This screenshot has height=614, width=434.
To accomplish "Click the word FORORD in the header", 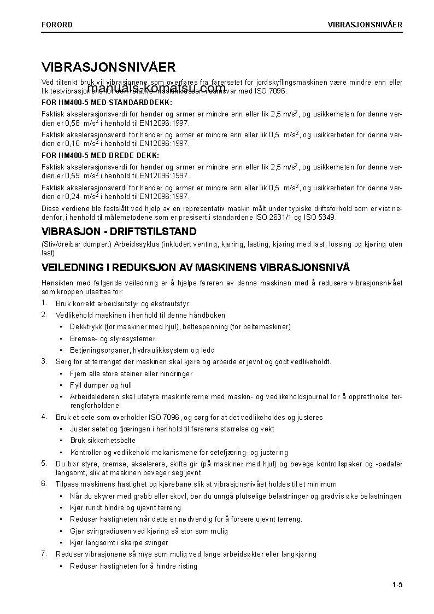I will coord(57,25).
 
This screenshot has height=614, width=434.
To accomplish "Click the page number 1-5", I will coord(397,586).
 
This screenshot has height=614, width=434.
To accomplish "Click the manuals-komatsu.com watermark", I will coord(156,89).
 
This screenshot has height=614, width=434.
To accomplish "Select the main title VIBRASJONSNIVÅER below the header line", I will coord(108,67).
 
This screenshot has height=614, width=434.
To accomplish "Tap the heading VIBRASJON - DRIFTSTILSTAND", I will coord(119,232).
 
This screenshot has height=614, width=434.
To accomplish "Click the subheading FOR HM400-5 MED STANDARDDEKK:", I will coord(107,102).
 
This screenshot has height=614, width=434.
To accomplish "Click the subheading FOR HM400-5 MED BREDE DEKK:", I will coord(99,155).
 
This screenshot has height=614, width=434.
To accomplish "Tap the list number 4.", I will coord(44,417).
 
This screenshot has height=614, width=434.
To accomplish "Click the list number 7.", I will coord(44,554).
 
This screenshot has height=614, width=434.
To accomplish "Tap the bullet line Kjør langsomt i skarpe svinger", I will coord(119,543).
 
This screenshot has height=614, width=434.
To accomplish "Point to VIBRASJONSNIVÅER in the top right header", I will coord(365,25).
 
